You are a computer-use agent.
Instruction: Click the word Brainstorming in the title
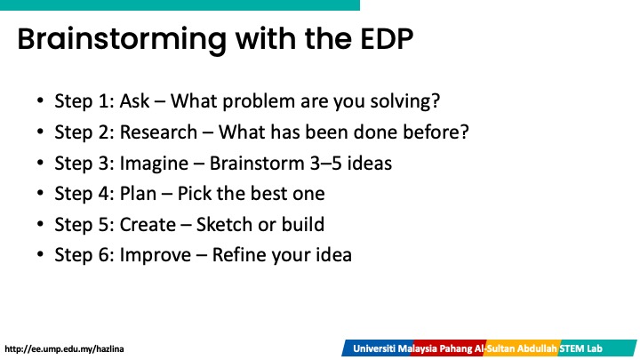click(122, 40)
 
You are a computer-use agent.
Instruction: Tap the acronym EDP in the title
click(387, 39)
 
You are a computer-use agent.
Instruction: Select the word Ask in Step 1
click(135, 100)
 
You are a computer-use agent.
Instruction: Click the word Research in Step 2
click(158, 132)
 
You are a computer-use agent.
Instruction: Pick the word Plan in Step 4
click(138, 194)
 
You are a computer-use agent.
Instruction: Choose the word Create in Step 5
click(148, 225)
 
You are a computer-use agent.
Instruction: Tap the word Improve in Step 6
click(155, 255)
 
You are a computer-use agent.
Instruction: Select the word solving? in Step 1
click(405, 101)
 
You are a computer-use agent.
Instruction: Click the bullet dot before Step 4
click(40, 193)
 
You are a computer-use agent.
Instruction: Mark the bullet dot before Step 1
click(40, 100)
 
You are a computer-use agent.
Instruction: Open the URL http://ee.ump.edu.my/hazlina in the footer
click(64, 349)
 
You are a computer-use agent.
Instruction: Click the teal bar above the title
click(180, 5)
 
